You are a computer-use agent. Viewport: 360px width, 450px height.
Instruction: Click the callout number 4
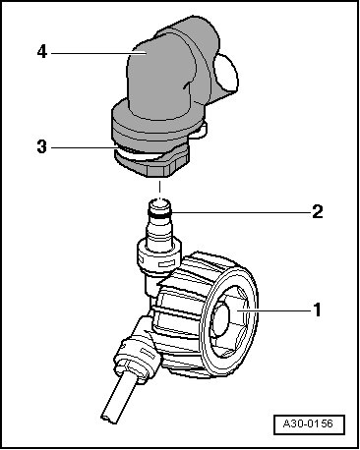(x=42, y=52)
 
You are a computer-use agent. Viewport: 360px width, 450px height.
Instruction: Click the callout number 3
(x=42, y=146)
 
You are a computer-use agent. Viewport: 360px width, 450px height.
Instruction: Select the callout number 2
(x=317, y=212)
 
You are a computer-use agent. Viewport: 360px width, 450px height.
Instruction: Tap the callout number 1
(x=317, y=309)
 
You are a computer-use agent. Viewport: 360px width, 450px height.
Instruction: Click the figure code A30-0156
(x=308, y=423)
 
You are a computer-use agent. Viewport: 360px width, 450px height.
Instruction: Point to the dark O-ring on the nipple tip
(x=159, y=213)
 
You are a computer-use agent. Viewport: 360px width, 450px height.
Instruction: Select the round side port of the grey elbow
(x=225, y=73)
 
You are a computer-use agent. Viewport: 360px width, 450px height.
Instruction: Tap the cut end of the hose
(x=109, y=419)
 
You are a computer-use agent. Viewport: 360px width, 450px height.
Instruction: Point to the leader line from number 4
(x=98, y=53)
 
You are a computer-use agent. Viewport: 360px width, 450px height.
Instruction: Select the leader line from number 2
(x=240, y=212)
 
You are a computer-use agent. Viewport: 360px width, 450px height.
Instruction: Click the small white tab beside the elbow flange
(x=201, y=129)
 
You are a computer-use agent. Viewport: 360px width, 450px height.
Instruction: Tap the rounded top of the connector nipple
(x=159, y=204)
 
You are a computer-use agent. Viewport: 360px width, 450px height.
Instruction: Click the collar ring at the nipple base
(x=159, y=255)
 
